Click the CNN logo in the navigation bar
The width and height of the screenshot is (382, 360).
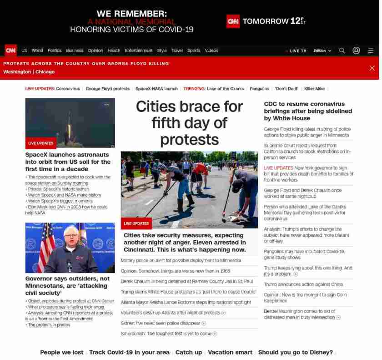click(x=10, y=51)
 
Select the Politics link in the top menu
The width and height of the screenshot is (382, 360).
click(x=55, y=51)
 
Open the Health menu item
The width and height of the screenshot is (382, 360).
click(x=114, y=51)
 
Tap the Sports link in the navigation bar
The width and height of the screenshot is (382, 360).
click(x=194, y=51)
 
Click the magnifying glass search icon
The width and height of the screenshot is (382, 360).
click(x=342, y=51)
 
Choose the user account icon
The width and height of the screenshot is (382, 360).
click(x=356, y=51)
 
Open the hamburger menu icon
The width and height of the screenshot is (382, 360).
click(x=371, y=51)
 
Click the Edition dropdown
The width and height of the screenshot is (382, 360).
click(x=322, y=51)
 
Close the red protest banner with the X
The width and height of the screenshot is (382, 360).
click(x=372, y=68)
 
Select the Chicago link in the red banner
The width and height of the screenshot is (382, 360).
click(x=45, y=72)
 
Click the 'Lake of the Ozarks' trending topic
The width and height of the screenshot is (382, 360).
click(x=225, y=89)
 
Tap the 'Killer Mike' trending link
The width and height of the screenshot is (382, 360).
click(x=315, y=89)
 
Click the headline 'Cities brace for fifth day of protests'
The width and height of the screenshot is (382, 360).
click(x=189, y=123)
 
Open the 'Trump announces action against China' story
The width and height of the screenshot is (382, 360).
click(x=303, y=284)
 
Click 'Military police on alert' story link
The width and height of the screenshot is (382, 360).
click(x=181, y=260)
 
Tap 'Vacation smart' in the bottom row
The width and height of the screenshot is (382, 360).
click(x=230, y=352)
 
